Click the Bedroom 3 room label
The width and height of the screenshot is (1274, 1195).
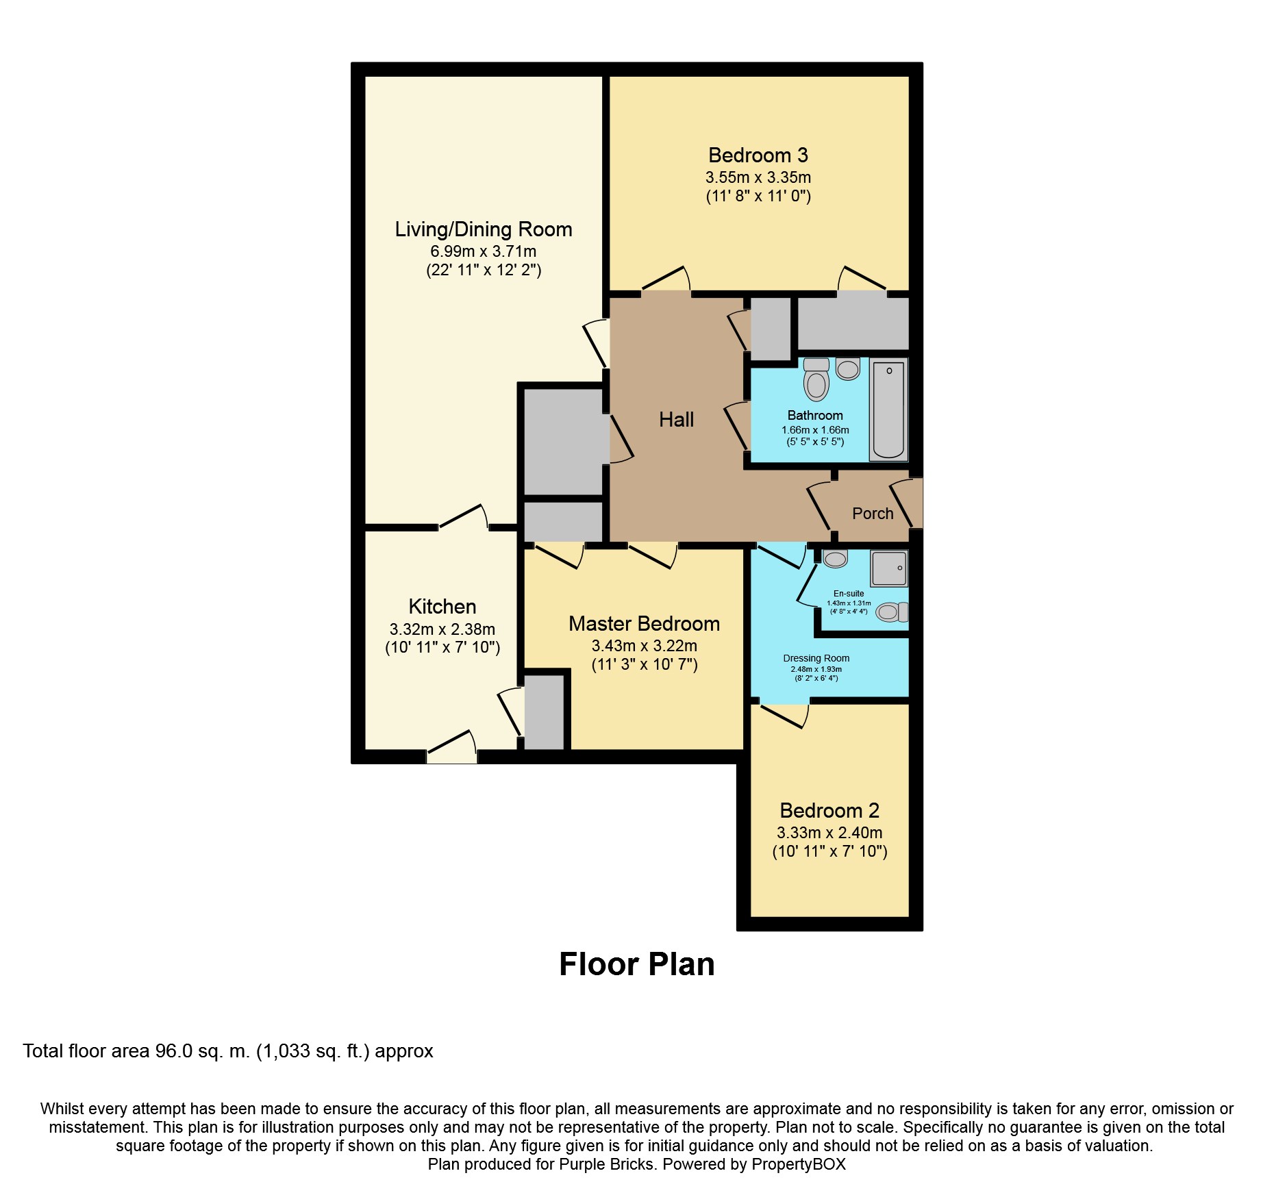[x=758, y=155]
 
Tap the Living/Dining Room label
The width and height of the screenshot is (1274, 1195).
[x=484, y=229]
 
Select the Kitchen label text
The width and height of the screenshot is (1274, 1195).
[x=442, y=607]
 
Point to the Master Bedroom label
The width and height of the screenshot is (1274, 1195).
[x=645, y=624]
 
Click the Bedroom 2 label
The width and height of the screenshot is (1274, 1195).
[x=829, y=811]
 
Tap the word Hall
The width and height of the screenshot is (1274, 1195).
[x=677, y=420]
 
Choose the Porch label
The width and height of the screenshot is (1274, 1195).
[x=873, y=514]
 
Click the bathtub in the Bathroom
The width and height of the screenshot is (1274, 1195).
[x=889, y=410]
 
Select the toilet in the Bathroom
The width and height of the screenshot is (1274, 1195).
[x=816, y=379]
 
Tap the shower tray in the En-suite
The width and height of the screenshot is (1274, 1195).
[x=889, y=568]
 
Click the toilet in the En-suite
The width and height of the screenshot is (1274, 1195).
[x=892, y=612]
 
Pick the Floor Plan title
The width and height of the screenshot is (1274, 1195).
[x=637, y=964]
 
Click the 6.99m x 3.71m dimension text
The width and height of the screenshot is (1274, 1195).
[x=484, y=251]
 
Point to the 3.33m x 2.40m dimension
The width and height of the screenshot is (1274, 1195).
[x=829, y=833]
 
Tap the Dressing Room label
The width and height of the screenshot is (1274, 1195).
[x=816, y=658]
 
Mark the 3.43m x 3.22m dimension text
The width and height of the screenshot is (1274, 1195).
[x=645, y=646]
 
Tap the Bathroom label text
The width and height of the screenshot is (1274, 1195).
[x=815, y=416]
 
